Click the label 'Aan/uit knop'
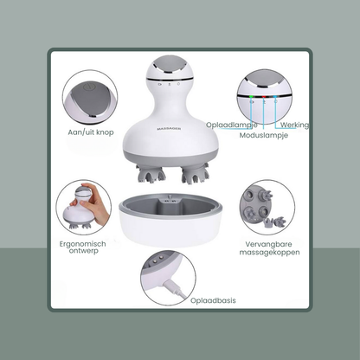point(91,132)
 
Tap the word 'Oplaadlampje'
point(232,125)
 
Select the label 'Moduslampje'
point(264,135)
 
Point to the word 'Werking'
point(294,125)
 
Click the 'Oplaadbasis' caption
point(213,300)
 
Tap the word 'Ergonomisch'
point(82,244)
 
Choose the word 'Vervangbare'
point(269,244)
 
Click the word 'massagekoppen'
point(269,253)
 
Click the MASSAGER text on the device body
point(169,128)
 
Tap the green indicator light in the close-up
point(251,97)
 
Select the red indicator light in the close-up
point(264,97)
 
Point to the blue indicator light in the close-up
point(275,97)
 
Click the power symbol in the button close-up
point(87,87)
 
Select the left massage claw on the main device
point(151,175)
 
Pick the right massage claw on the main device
point(195,174)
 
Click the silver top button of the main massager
point(169,64)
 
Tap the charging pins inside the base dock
point(169,199)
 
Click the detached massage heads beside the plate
point(275,222)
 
